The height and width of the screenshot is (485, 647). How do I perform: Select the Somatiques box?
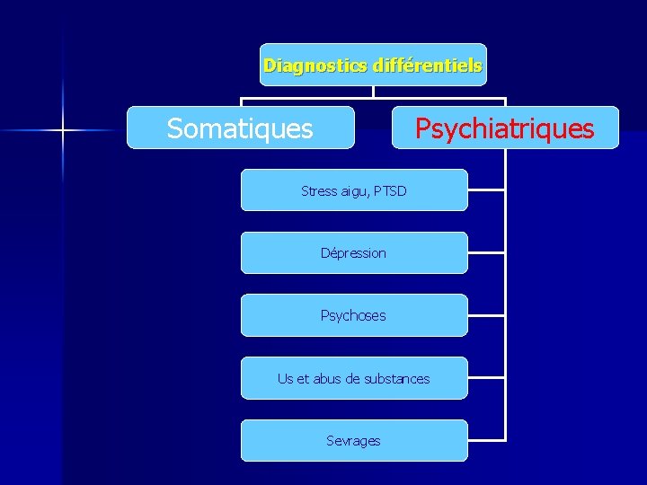pyautogui.click(x=240, y=128)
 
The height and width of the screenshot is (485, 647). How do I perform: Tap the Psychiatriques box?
pyautogui.click(x=504, y=128)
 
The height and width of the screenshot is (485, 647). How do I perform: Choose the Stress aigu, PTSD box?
pyautogui.click(x=354, y=190)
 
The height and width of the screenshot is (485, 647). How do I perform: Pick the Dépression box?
pyautogui.click(x=354, y=253)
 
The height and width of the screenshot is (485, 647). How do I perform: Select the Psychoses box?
pyautogui.click(x=354, y=315)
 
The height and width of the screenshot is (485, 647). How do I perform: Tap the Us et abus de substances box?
pyautogui.click(x=354, y=378)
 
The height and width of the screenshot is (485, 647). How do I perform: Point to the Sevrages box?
pyautogui.click(x=354, y=440)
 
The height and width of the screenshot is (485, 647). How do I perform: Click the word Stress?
pyautogui.click(x=319, y=190)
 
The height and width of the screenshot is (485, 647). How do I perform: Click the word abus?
pyautogui.click(x=328, y=378)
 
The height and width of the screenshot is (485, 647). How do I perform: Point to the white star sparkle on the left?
pyautogui.click(x=63, y=131)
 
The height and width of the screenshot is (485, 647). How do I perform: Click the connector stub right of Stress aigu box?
pyautogui.click(x=487, y=190)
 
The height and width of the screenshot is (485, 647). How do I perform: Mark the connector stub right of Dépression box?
pyautogui.click(x=487, y=253)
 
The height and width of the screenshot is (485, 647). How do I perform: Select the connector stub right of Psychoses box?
pyautogui.click(x=487, y=315)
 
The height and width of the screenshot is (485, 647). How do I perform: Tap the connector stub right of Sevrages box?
pyautogui.click(x=487, y=440)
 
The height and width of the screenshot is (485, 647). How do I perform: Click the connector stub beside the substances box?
pyautogui.click(x=487, y=378)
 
